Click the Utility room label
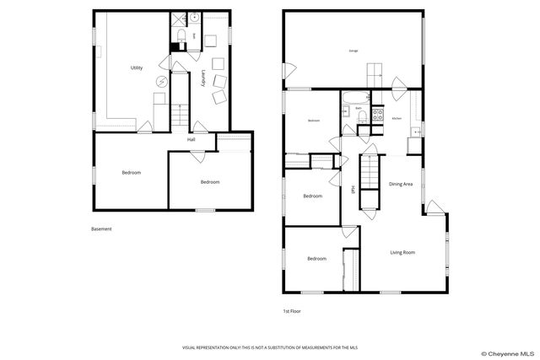[x=136, y=67]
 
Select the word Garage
[x=353, y=51]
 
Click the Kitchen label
[x=397, y=119]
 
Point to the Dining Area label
[x=401, y=184]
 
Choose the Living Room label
[x=402, y=252]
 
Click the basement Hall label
[x=192, y=139]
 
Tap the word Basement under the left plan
[x=101, y=228]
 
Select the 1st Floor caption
[x=292, y=311]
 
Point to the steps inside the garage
[x=373, y=73]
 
